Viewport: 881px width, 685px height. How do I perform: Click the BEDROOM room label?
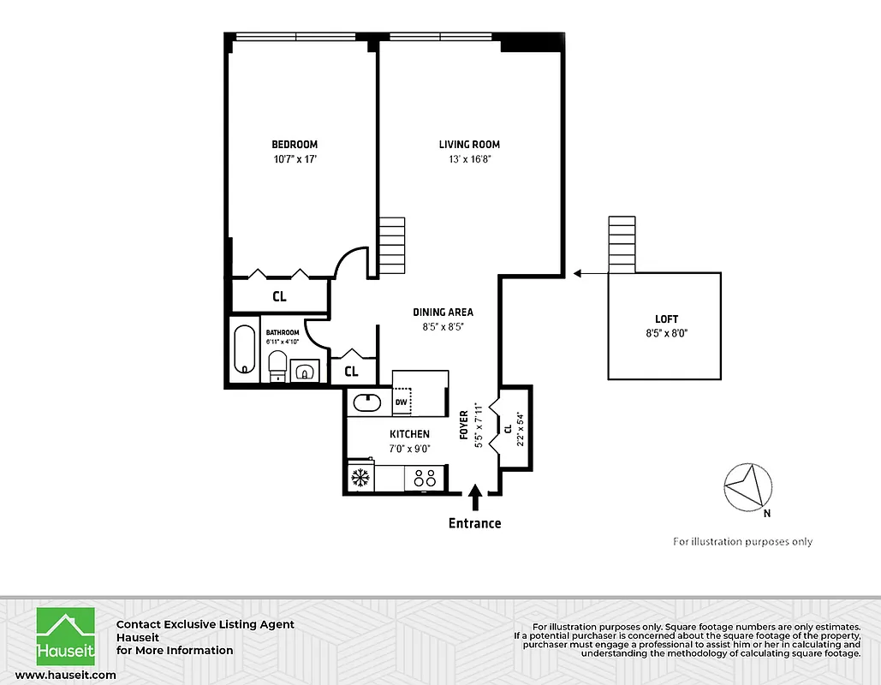click(295, 145)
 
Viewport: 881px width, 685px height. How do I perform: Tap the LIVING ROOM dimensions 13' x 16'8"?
click(469, 158)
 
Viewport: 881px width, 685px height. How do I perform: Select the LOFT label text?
click(665, 319)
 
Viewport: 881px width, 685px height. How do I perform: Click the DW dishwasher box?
click(401, 402)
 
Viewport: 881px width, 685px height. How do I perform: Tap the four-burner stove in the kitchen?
click(424, 476)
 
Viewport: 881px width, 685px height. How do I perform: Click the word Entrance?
click(475, 523)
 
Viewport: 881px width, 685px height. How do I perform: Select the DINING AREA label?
click(443, 313)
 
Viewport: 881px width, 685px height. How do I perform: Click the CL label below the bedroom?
click(279, 297)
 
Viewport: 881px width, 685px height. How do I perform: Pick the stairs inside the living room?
click(391, 245)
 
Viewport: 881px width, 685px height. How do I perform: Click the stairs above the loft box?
click(622, 245)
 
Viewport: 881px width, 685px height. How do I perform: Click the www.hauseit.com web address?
click(65, 676)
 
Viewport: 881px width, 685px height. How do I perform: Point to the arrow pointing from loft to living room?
click(589, 274)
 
